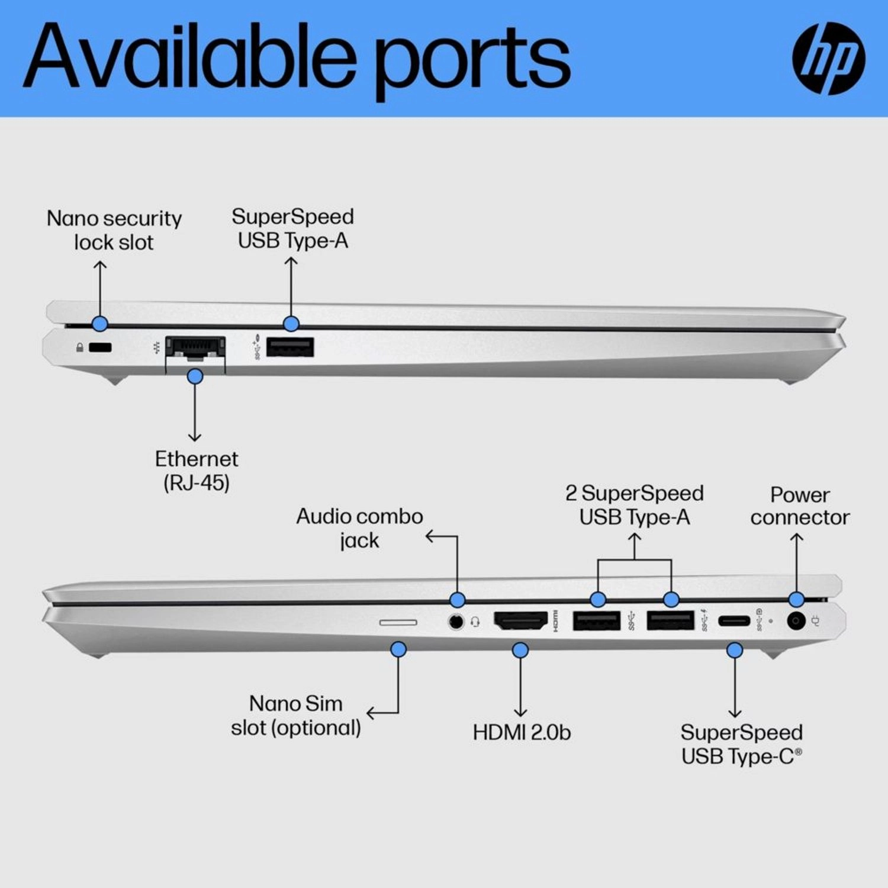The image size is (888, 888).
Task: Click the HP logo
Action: [x=828, y=58]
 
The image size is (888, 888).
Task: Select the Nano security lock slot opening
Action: [x=100, y=348]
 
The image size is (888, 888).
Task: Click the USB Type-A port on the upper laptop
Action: [x=290, y=347]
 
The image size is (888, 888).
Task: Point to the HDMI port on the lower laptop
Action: [x=520, y=621]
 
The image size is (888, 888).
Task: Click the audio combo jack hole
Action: [x=456, y=622]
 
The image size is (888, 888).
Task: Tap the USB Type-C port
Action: [x=734, y=621]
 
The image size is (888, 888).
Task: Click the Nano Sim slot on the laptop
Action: [x=398, y=622]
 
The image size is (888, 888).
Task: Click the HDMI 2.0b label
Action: [x=521, y=732]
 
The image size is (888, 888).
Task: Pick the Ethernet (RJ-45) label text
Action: [x=196, y=471]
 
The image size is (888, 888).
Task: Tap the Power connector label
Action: [x=800, y=506]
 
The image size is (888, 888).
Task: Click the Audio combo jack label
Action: [x=359, y=528]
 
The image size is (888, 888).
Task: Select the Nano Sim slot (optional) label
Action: [x=296, y=716]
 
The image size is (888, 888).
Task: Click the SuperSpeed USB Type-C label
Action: [x=741, y=744]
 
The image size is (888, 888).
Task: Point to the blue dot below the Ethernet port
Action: [x=195, y=377]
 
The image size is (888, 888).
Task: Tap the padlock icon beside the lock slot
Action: [x=79, y=348]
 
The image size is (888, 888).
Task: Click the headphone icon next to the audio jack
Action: [x=475, y=622]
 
